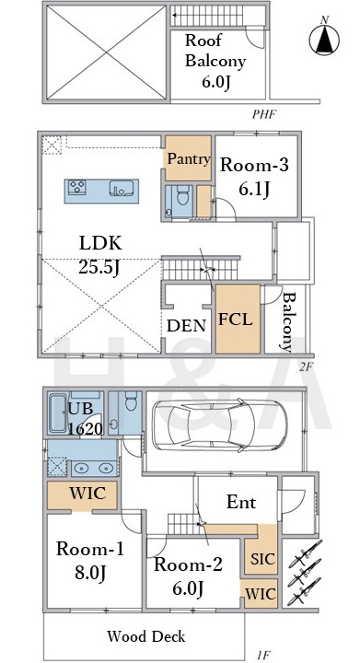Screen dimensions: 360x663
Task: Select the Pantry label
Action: (x=189, y=159)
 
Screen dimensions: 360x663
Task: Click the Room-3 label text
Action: (x=254, y=165)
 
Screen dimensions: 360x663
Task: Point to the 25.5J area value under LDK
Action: (x=99, y=267)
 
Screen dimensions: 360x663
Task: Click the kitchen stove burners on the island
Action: (x=77, y=187)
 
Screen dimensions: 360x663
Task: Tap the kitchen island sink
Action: (x=122, y=188)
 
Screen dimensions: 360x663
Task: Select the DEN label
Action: (x=186, y=326)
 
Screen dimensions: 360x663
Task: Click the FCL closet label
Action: (x=236, y=320)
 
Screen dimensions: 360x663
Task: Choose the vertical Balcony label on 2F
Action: (x=288, y=321)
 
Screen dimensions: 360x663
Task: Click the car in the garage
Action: (x=218, y=425)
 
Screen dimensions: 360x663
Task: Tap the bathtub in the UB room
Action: (x=57, y=413)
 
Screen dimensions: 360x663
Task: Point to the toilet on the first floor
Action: (x=132, y=401)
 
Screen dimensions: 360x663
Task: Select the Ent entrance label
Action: (x=241, y=503)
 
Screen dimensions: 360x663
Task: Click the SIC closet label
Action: (x=263, y=559)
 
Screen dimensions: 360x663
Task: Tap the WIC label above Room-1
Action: (x=87, y=493)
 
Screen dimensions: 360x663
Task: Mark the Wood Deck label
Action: (x=145, y=636)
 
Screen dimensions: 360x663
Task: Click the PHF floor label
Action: (x=264, y=114)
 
